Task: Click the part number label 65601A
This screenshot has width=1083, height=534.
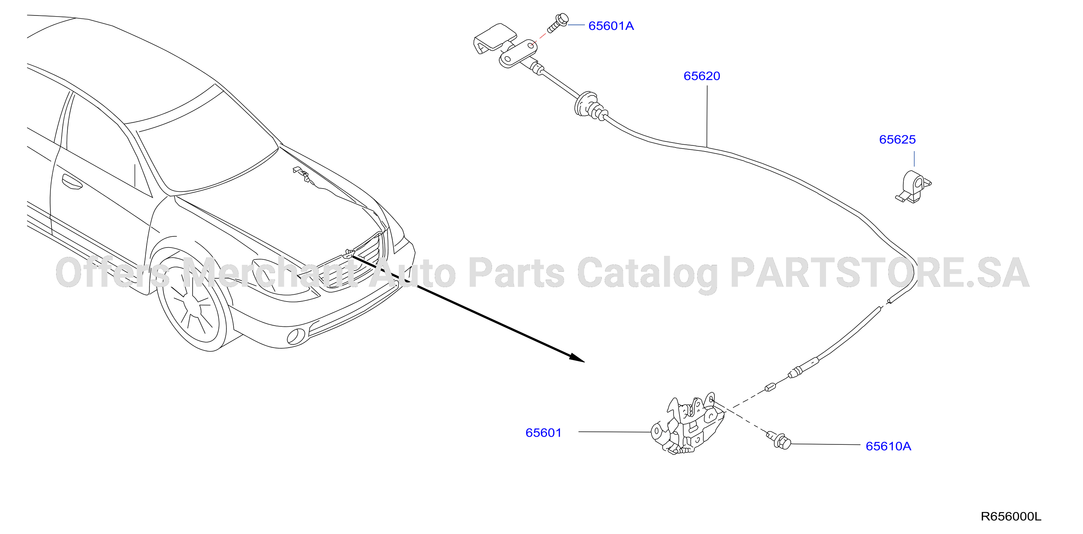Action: click(611, 26)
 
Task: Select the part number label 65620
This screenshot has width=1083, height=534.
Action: click(702, 76)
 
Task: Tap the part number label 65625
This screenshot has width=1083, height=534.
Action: click(897, 140)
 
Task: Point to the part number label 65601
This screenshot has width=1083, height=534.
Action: click(543, 433)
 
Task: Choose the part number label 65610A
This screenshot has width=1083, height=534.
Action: click(888, 446)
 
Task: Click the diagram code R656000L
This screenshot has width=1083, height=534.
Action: click(1011, 517)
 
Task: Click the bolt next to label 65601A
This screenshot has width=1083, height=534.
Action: click(558, 23)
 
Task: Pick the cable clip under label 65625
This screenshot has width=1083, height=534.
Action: click(913, 187)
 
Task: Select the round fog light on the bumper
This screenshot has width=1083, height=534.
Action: click(295, 336)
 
